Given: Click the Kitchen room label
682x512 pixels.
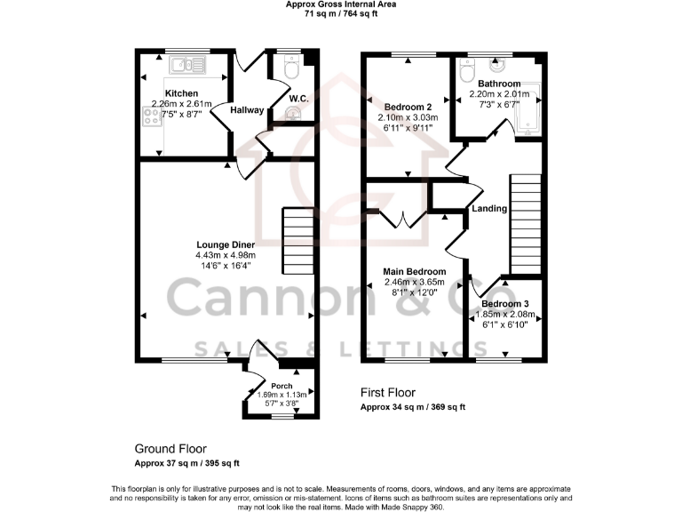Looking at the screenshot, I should pos(181,93).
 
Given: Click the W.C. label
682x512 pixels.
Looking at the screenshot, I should pos(298,98).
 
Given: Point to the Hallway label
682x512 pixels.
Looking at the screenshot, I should pos(247,110).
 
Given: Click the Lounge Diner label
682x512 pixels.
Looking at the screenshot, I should pos(226,244).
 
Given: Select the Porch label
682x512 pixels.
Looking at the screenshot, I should pos(282,386).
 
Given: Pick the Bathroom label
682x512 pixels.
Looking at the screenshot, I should pos(498,84).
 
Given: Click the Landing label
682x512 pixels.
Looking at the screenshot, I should pos(489,209).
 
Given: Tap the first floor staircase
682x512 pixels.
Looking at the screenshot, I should pos(525,222).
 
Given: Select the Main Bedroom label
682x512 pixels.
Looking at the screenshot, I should pos(414,272).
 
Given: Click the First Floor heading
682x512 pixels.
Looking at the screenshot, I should pos(387,392).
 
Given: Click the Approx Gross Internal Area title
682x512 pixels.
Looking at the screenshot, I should pos(340,4).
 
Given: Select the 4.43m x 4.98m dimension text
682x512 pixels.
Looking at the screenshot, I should pos(226,255).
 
